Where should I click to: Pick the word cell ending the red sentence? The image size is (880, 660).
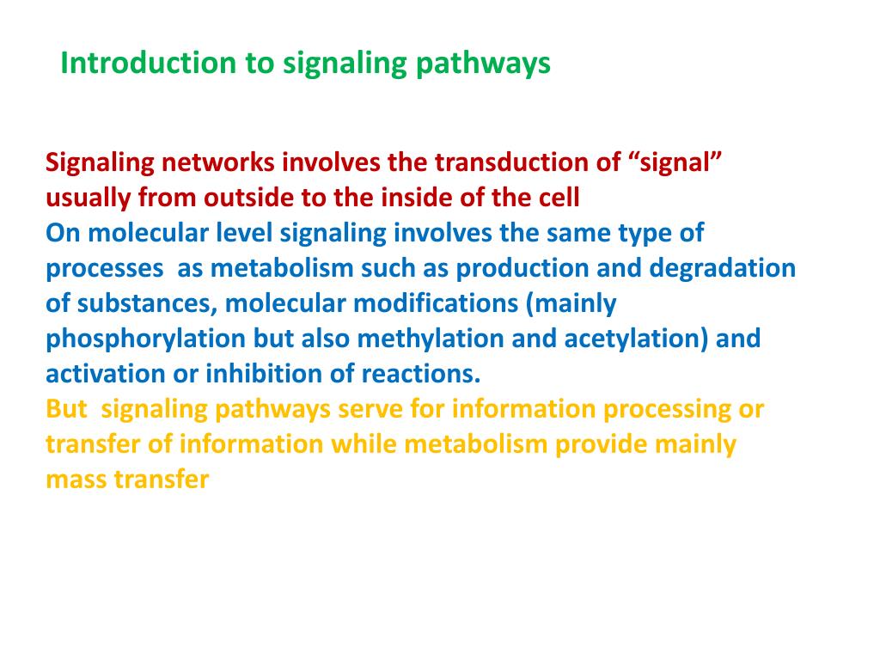coord(559,198)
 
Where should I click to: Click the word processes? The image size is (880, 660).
coord(104,268)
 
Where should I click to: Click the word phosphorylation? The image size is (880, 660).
coord(145,339)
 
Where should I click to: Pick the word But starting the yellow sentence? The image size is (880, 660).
coord(66,409)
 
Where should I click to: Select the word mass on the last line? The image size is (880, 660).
coord(72,480)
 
